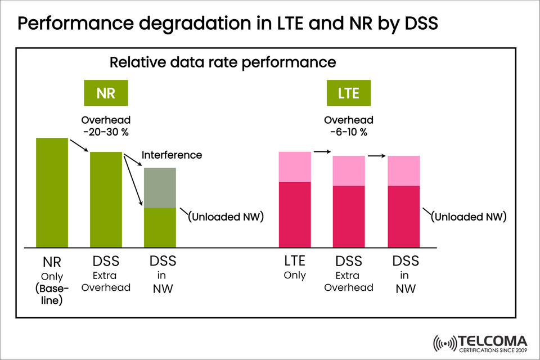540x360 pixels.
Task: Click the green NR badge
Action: (x=106, y=93)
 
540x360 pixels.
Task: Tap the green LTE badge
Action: (x=348, y=93)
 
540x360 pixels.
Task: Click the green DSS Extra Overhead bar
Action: (x=106, y=200)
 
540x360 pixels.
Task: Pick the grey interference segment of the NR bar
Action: (x=160, y=188)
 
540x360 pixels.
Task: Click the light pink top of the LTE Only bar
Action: (x=295, y=166)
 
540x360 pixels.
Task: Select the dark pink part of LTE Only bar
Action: (x=295, y=214)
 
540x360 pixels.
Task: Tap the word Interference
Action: (x=172, y=155)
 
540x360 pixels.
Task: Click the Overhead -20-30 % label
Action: (x=106, y=126)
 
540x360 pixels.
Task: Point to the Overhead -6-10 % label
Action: (x=348, y=126)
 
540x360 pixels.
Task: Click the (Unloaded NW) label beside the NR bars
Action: (x=226, y=217)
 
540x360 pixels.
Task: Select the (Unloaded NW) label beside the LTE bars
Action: (x=469, y=217)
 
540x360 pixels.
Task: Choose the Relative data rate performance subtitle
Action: (x=222, y=62)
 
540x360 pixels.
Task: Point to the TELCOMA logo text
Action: (x=493, y=341)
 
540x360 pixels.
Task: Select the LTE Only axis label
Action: (x=295, y=268)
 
